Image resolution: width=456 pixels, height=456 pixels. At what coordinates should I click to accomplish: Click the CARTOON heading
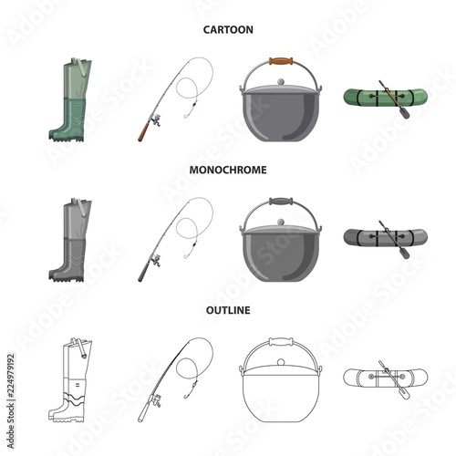click(227, 29)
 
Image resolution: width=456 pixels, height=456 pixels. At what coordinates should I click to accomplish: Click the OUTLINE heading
click(227, 309)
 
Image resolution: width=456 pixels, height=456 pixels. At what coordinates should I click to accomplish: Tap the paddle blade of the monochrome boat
click(402, 252)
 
